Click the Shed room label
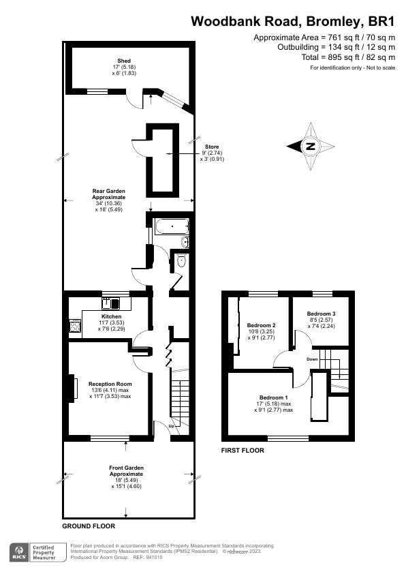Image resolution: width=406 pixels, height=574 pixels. tap(124, 61)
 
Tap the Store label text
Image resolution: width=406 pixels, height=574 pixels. tap(213, 147)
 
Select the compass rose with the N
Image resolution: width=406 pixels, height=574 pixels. tap(310, 146)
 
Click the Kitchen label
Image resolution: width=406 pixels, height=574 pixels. tap(111, 317)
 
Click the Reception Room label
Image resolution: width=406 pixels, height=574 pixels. tap(109, 384)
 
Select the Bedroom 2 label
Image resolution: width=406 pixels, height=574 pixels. tap(261, 325)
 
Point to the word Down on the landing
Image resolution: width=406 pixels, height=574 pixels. tap(312, 359)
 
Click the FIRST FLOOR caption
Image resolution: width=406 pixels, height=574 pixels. tap(243, 451)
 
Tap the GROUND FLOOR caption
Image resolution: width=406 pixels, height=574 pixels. tap(89, 526)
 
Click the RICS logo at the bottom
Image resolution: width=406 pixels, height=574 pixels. tap(18, 552)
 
